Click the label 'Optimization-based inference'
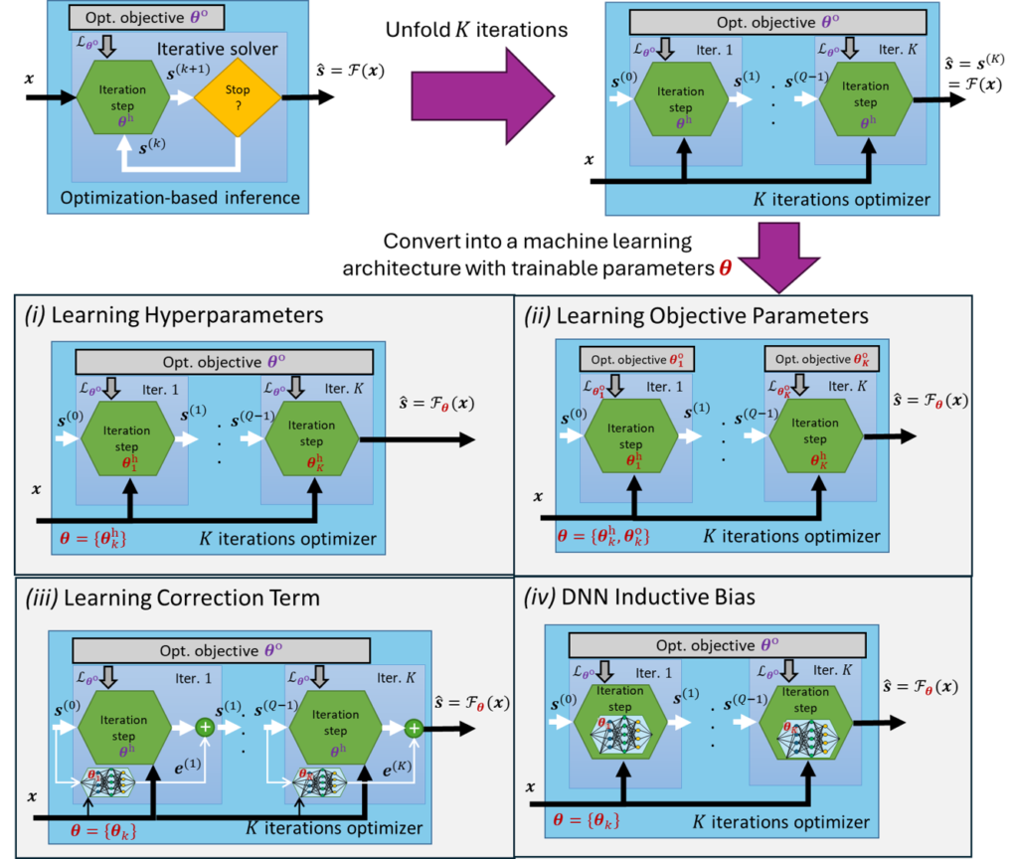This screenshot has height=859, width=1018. click(x=180, y=197)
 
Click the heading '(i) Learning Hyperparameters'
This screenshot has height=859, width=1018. click(x=174, y=316)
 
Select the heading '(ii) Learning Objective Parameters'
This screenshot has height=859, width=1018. click(x=697, y=316)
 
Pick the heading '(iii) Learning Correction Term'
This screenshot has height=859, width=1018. click(x=172, y=598)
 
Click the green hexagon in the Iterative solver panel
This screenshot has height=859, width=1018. click(x=122, y=96)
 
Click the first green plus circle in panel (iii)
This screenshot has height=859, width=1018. click(x=206, y=728)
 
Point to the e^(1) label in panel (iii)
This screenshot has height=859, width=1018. click(x=189, y=767)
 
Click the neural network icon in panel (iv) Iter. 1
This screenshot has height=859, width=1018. click(x=621, y=733)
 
